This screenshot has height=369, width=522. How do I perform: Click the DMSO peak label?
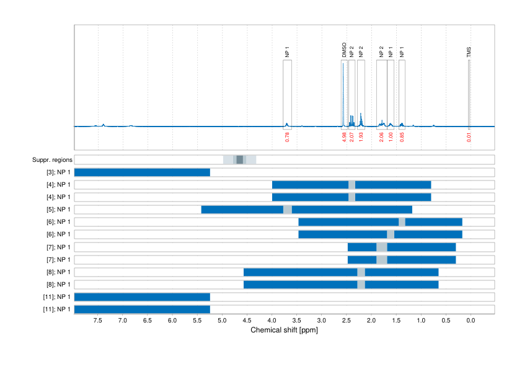(344, 50)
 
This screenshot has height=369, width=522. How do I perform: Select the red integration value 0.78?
(287, 137)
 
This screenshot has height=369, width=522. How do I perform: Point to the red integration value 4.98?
(344, 137)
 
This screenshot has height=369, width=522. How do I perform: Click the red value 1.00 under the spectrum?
(391, 137)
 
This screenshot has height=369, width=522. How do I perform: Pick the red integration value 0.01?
(469, 137)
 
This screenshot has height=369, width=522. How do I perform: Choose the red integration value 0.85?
(402, 137)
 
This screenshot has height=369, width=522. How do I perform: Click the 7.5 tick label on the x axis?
(98, 321)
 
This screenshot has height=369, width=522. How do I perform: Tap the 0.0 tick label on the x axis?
(470, 321)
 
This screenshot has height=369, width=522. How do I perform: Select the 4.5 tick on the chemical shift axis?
(247, 321)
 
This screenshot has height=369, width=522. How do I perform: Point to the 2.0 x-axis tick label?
(371, 321)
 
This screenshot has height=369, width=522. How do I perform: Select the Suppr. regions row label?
(51, 160)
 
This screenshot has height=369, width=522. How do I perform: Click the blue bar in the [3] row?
(142, 172)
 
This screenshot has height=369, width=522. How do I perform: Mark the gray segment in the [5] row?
(288, 210)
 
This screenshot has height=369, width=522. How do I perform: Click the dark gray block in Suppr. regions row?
(240, 160)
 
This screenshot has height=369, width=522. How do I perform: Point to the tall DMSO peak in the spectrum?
(343, 93)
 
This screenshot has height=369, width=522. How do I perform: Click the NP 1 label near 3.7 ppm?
(287, 52)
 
